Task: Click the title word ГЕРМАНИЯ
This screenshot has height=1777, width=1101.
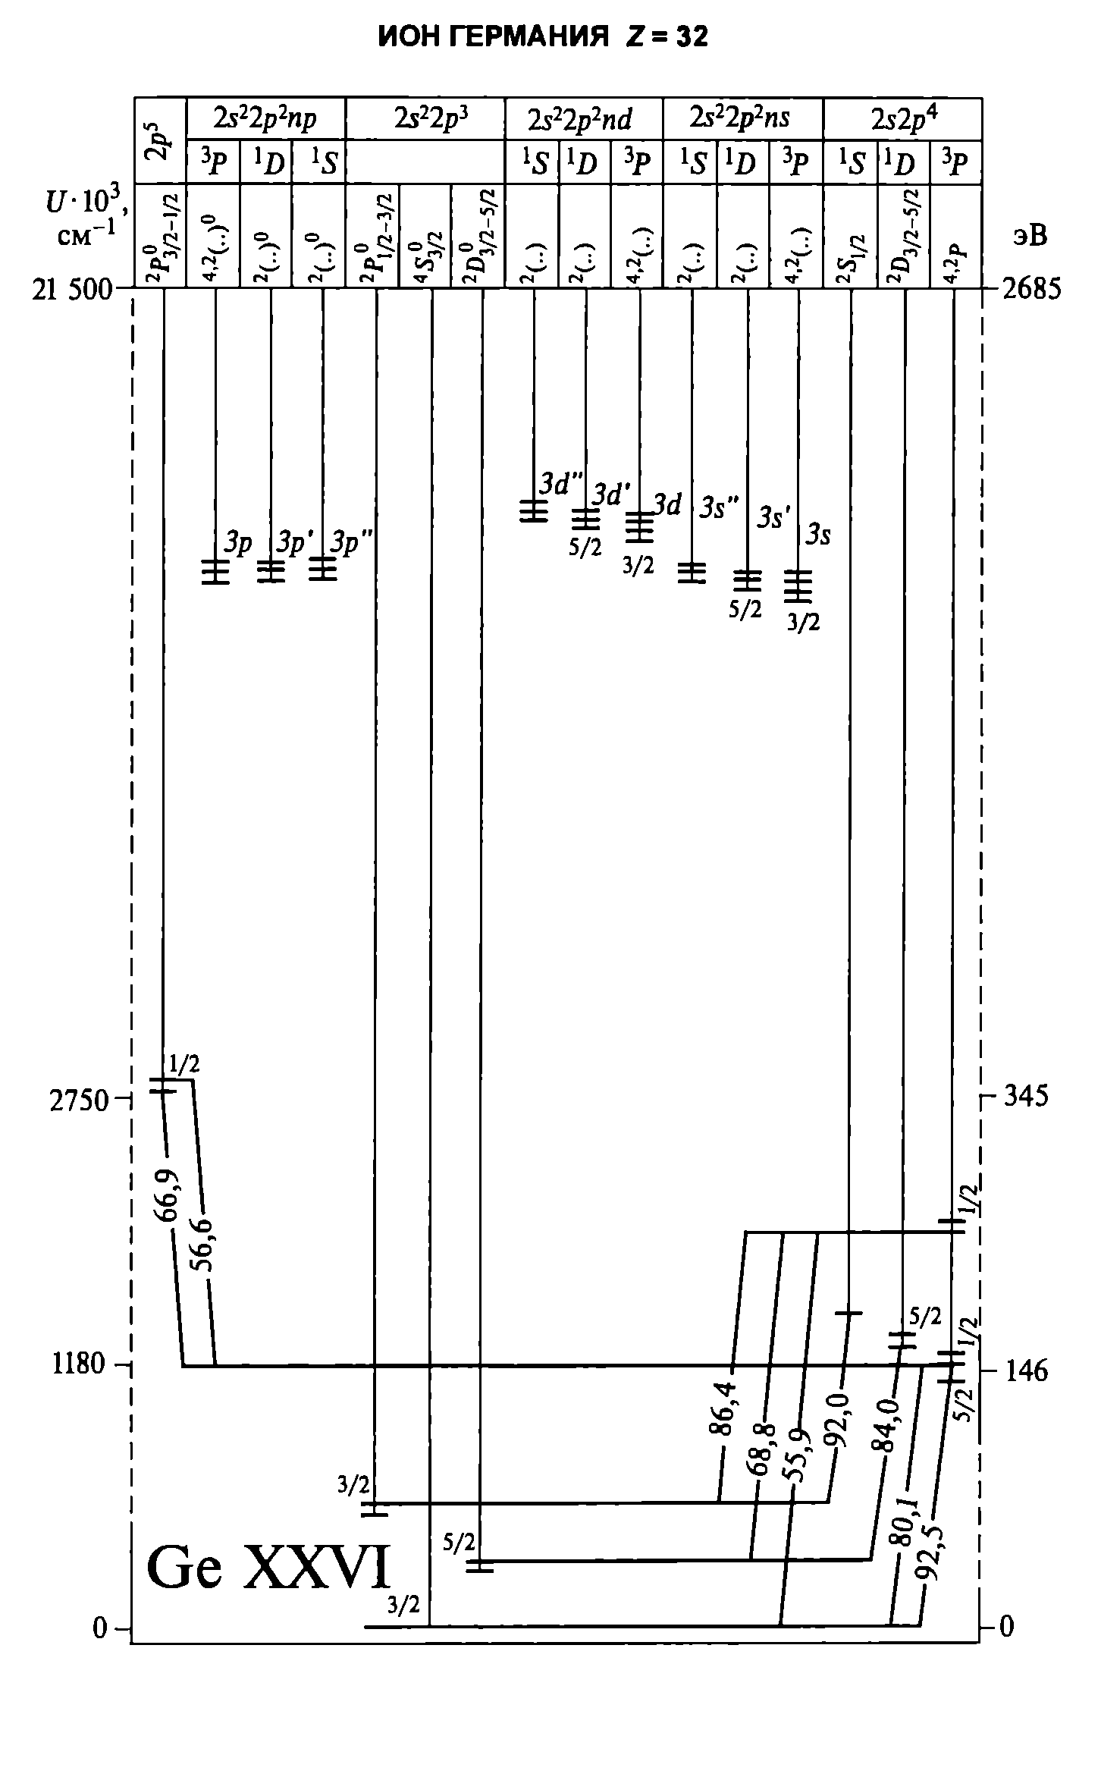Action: [530, 36]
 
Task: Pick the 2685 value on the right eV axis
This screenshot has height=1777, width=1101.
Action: [1032, 290]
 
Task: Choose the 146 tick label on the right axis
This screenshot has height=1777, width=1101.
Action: [1026, 1370]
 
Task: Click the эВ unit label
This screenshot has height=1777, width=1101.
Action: [1029, 236]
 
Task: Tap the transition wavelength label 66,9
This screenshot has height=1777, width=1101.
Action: [168, 1196]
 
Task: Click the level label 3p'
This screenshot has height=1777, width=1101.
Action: [294, 544]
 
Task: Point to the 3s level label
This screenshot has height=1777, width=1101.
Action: [817, 535]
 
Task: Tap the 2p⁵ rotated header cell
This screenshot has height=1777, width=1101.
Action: [159, 141]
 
